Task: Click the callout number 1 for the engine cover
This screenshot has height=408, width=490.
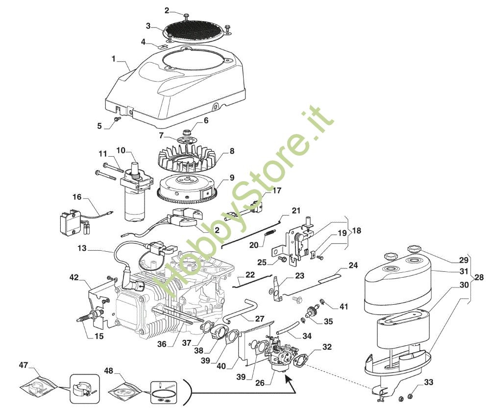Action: (x=114, y=58)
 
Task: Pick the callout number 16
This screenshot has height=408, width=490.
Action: (x=77, y=197)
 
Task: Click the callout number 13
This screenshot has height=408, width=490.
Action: (x=82, y=249)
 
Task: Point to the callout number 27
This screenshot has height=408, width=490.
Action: (x=260, y=319)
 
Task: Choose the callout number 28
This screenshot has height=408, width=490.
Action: (x=479, y=277)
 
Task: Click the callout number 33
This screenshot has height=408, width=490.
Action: (x=429, y=382)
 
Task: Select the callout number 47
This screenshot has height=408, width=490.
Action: (x=24, y=365)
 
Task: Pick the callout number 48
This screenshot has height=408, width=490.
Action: (x=108, y=370)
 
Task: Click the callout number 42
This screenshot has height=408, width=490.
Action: (x=74, y=277)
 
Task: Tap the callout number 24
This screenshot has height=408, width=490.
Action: (x=353, y=265)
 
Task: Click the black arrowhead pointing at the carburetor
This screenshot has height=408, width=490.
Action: (x=288, y=380)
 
